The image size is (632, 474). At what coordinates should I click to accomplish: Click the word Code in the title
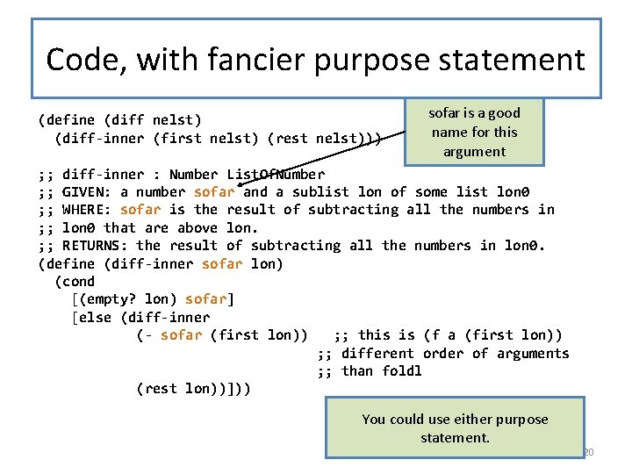80,60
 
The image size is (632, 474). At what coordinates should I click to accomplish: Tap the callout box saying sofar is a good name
473,132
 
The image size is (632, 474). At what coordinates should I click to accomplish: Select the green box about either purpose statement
454,427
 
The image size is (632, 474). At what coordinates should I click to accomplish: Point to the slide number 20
588,452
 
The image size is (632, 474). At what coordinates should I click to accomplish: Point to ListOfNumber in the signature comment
275,174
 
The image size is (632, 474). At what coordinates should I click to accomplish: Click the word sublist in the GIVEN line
320,191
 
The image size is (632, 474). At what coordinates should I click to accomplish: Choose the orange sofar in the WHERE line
140,209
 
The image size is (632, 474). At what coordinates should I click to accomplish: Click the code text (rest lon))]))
193,388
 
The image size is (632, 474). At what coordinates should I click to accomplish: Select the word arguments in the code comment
533,353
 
